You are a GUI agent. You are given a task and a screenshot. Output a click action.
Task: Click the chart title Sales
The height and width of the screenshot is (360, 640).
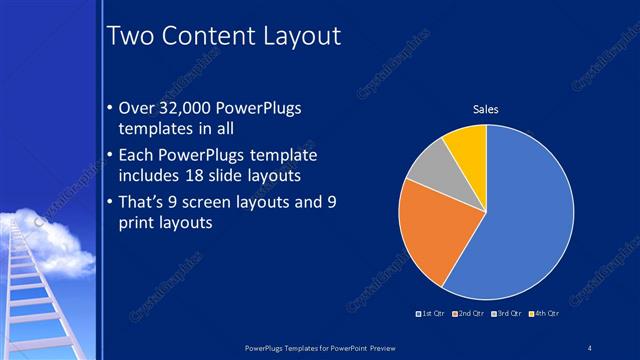[x=485, y=109]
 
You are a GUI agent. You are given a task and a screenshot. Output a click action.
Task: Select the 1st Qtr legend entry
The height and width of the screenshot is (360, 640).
[x=431, y=314]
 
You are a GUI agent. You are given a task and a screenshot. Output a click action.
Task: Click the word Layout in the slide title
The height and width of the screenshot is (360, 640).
[x=301, y=36]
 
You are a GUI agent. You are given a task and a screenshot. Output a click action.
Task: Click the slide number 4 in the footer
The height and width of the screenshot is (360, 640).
[x=591, y=347]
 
